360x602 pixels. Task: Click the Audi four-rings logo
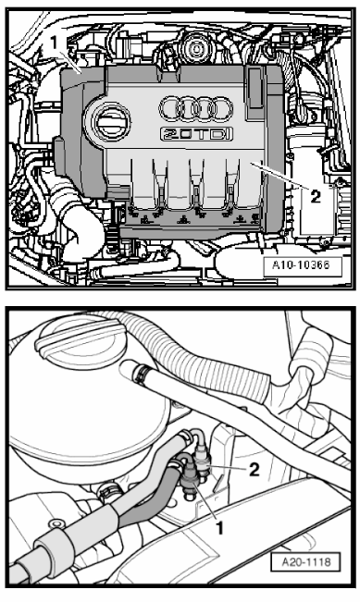[196, 109]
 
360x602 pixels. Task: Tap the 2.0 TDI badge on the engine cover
[196, 134]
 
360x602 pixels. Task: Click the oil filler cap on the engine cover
[111, 122]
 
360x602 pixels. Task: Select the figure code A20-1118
[305, 562]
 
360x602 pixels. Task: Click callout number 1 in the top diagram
[55, 43]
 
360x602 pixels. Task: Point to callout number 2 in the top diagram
[315, 197]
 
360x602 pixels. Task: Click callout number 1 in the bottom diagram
[219, 528]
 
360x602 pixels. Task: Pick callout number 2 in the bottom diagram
[254, 469]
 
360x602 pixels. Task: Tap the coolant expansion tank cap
[81, 338]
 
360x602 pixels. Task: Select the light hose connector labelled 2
[202, 460]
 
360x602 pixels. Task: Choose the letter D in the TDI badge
[217, 134]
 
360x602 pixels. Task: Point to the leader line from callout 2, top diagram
[279, 177]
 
